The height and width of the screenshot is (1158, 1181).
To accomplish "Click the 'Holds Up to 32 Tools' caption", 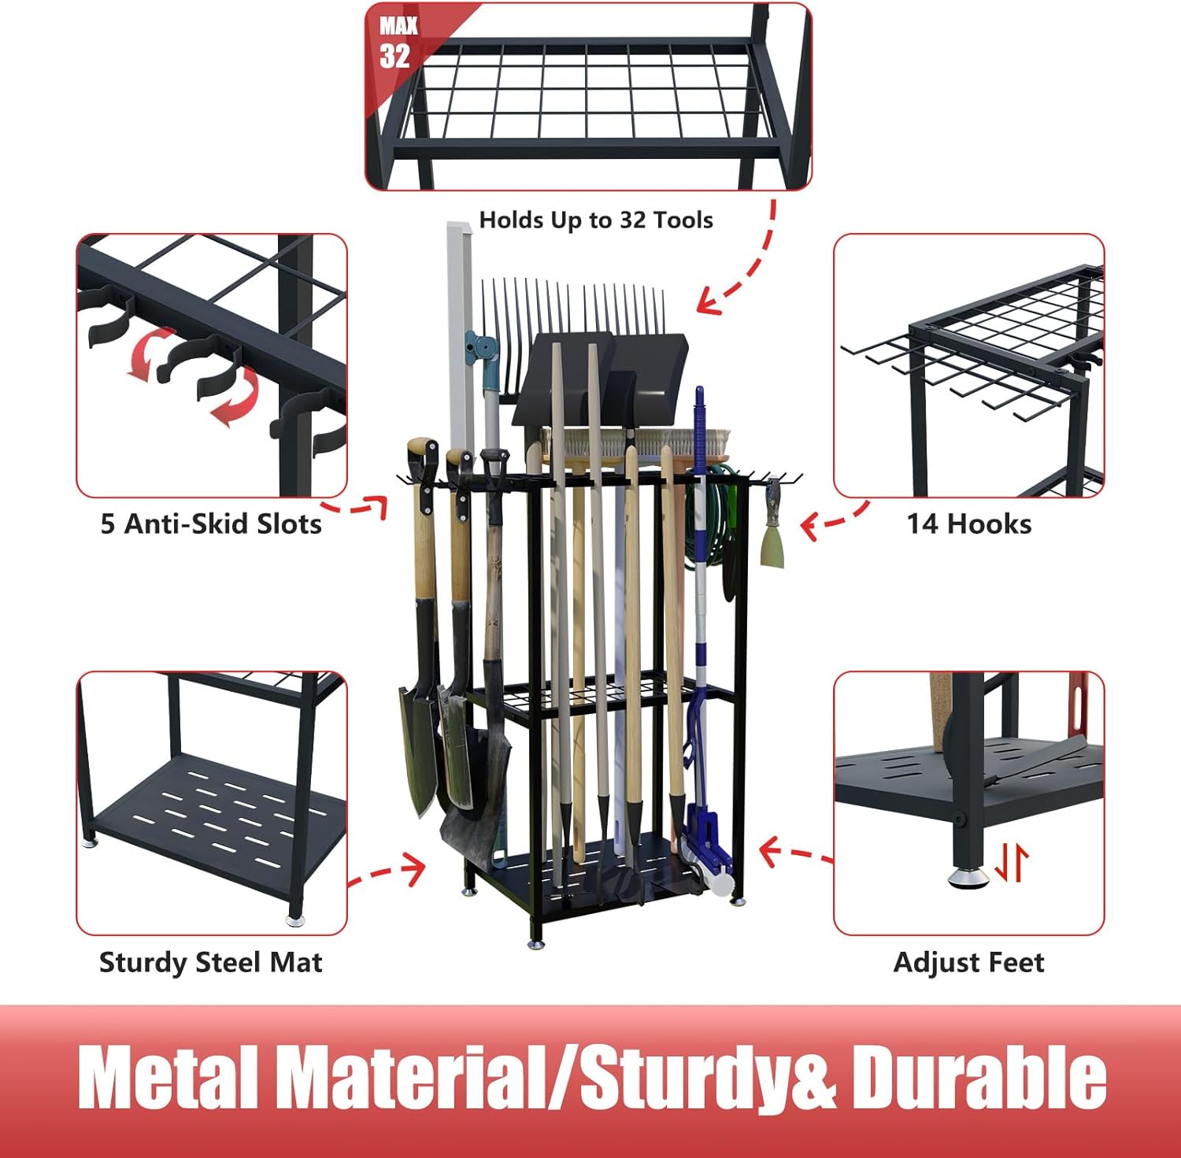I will pos(596,220).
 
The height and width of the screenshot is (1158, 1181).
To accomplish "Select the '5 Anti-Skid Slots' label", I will pos(211,524).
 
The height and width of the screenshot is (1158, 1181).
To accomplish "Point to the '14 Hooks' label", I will pos(968,524).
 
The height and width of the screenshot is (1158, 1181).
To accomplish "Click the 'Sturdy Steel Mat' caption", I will pos(211,962).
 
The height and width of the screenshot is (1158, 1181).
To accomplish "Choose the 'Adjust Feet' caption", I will pos(968,962).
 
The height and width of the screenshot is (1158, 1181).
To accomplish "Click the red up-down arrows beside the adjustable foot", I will pos(1011,863).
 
